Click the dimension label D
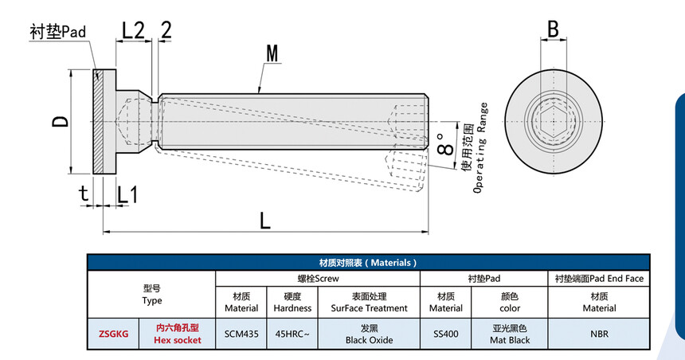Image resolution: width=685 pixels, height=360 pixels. tap(61, 122)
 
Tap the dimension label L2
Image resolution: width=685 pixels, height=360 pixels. tap(133, 30)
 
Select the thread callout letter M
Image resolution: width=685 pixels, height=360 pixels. tap(272, 54)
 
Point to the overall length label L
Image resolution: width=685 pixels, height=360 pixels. tap(265, 218)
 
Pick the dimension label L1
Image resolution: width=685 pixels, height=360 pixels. tap(127, 194)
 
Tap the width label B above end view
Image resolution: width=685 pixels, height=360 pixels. tap(553, 29)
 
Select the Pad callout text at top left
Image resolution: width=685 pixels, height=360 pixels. tap(57, 31)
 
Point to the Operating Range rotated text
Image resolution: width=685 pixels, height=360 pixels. tap(479, 149)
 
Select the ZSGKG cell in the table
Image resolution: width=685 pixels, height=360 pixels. tap(112, 334)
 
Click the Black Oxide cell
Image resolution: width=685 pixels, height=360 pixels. tap(369, 334)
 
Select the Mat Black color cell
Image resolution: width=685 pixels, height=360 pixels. tap(510, 334)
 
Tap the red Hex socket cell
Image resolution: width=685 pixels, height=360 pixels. tap(177, 334)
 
